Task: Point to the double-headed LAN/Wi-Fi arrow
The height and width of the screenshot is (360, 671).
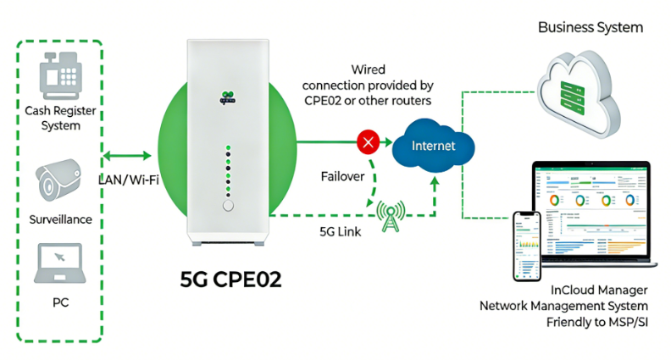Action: pyautogui.click(x=127, y=155)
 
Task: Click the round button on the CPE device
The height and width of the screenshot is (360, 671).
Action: pyautogui.click(x=227, y=206)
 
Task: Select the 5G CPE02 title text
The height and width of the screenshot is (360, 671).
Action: pyautogui.click(x=228, y=280)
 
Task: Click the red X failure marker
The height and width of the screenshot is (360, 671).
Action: pyautogui.click(x=368, y=141)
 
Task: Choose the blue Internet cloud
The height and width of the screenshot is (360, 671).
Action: pyautogui.click(x=433, y=146)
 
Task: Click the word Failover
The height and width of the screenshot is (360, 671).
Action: pyautogui.click(x=342, y=177)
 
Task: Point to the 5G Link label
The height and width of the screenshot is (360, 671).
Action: pyautogui.click(x=343, y=230)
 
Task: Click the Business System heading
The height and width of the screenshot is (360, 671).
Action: pyautogui.click(x=591, y=28)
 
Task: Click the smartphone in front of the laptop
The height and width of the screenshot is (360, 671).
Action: pyautogui.click(x=527, y=246)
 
